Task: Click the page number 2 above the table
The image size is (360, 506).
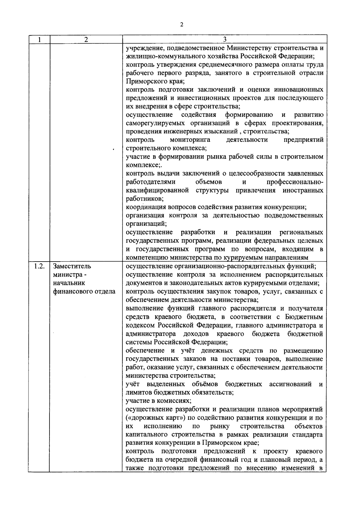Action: click(x=181, y=25)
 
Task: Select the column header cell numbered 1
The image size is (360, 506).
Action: click(x=39, y=39)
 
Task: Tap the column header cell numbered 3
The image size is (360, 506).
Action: click(x=224, y=39)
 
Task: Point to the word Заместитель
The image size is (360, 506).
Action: click(x=72, y=266)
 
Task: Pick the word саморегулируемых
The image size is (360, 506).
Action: click(x=156, y=123)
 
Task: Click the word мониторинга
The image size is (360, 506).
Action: click(x=190, y=140)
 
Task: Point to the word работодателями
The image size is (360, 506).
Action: click(x=151, y=182)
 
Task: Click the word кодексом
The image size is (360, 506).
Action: click(x=141, y=325)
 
